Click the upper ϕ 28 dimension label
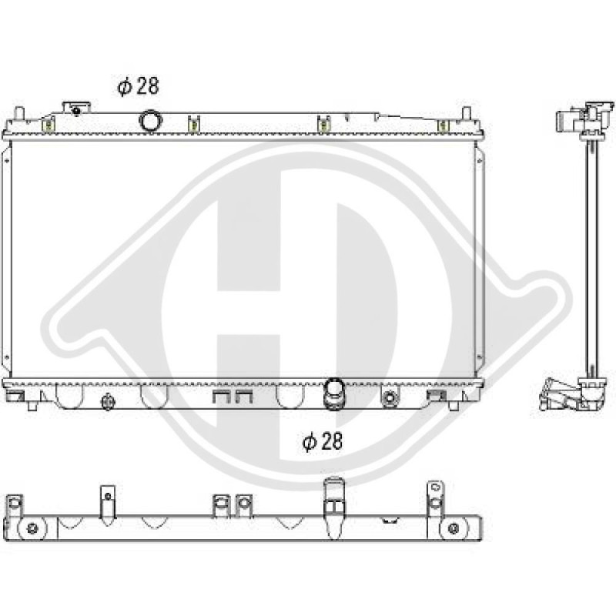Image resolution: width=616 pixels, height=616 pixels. point(138,86)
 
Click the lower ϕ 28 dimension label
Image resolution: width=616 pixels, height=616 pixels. point(322,441)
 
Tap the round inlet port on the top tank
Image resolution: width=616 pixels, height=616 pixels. point(150,121)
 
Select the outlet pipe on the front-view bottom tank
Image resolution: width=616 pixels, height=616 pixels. point(333,393)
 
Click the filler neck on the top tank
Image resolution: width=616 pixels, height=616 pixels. point(76,108)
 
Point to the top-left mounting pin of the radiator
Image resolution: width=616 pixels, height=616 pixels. point(18,113)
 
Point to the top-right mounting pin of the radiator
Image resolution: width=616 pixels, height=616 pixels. point(466,113)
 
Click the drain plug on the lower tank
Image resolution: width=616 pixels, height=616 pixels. point(108,401)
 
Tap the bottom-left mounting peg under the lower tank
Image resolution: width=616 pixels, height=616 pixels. point(32,406)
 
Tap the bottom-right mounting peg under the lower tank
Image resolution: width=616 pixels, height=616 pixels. point(454,406)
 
